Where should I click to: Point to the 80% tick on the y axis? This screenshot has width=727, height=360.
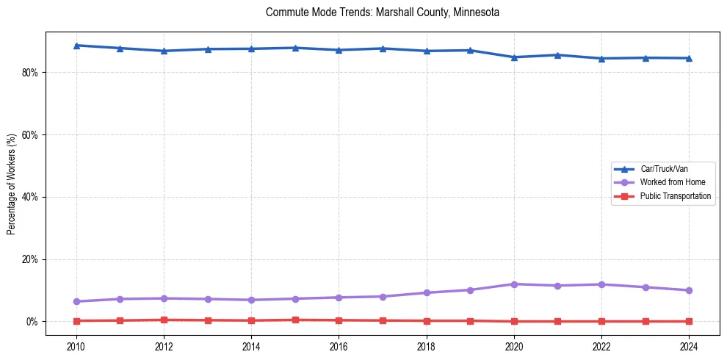32,73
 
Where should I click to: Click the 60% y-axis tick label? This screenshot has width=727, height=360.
32,135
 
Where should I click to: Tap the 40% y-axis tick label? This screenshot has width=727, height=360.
32,198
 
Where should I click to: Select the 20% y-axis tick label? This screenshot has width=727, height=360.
32,260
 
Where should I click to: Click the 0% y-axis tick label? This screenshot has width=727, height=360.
34,322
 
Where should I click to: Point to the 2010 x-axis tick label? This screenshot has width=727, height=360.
76,347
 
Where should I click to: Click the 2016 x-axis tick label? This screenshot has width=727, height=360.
339,347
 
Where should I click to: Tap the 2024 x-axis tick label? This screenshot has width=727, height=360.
689,347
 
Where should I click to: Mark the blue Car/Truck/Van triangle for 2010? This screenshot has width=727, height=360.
76,46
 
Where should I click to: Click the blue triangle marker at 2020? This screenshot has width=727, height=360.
514,57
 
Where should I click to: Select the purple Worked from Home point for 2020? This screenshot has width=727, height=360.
514,284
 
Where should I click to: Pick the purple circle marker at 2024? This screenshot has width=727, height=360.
689,290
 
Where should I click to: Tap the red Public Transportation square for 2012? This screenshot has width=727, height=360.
164,320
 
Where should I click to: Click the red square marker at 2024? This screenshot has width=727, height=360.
689,321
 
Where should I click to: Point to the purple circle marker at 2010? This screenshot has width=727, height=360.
76,301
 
